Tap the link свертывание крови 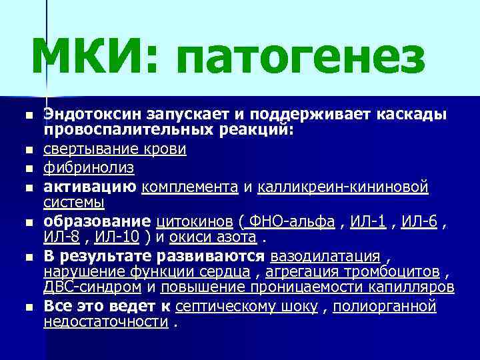115,148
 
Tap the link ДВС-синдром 92,287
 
